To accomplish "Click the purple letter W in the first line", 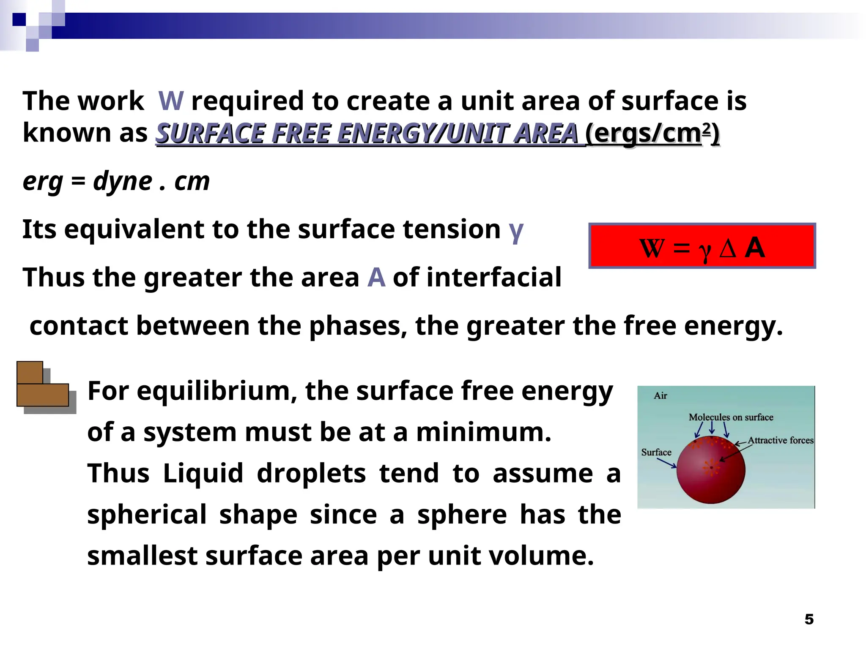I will (171, 101).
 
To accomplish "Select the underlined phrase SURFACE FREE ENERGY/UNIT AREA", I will (367, 134).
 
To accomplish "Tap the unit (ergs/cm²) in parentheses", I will (652, 134).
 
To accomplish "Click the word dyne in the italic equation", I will (123, 182).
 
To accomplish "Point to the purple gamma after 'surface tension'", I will (516, 231).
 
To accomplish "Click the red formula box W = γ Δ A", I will (702, 246).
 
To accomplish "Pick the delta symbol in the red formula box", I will (728, 248).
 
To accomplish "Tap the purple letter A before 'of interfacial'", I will (376, 278).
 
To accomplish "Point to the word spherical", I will (147, 515).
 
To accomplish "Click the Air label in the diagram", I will (660, 396).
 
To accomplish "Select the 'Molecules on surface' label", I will (731, 417).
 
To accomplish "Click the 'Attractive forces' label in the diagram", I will (780, 440).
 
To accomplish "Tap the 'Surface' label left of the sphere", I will (656, 453).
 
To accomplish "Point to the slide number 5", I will (809, 619).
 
